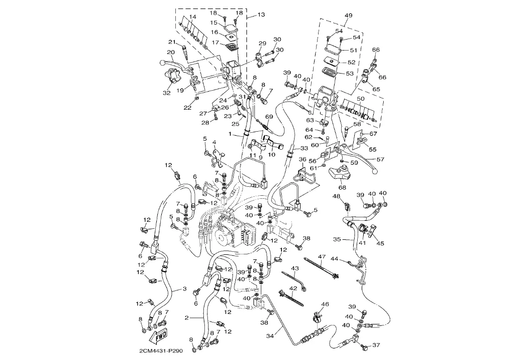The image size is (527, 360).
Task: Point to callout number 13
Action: (x=260, y=15)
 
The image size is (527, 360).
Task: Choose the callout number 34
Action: (x=271, y=335)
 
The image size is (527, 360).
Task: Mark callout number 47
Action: (x=322, y=256)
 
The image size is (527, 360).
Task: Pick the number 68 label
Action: (x=342, y=188)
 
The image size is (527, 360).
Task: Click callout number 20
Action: (x=170, y=52)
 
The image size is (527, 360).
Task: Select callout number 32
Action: (x=167, y=92)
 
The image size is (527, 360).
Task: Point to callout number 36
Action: (x=303, y=159)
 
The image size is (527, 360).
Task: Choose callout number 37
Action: (x=377, y=344)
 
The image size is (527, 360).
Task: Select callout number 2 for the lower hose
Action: (x=187, y=317)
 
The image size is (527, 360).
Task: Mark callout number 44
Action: (x=335, y=259)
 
